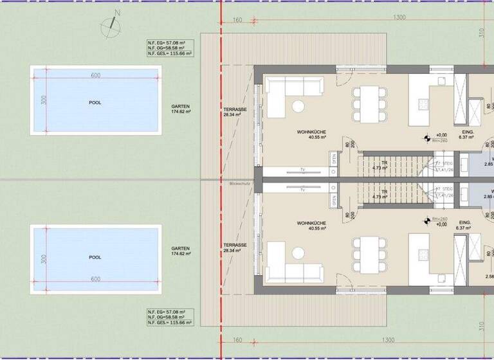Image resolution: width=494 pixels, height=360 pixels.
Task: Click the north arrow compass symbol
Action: (111, 25)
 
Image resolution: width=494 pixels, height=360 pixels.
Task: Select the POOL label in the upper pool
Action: (95, 103)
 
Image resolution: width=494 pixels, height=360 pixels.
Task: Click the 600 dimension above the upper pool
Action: (95, 76)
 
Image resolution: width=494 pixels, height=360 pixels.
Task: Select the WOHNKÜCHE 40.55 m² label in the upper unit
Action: (311, 134)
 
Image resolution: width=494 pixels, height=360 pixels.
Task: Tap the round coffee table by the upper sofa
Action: (298, 106)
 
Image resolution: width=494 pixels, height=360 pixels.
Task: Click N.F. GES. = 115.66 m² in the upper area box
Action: (167, 54)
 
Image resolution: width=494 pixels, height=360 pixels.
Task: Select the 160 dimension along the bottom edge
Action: (237, 340)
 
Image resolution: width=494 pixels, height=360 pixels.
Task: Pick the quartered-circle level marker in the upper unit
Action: (425, 137)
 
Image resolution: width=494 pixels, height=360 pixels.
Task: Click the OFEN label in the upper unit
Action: (334, 159)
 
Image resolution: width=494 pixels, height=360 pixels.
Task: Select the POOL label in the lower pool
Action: (95, 257)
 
